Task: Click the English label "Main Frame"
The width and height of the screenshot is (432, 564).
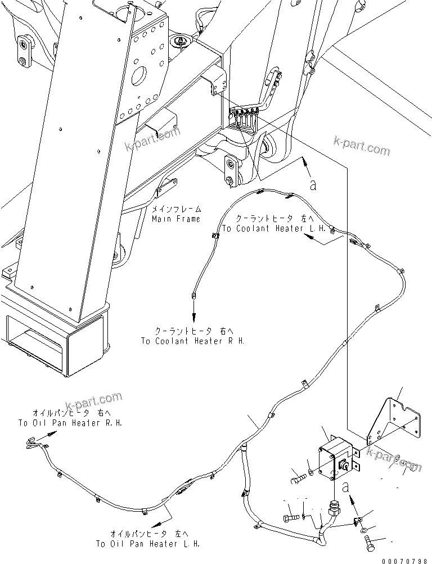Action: click(175, 219)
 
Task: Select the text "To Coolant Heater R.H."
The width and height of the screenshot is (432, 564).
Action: click(192, 341)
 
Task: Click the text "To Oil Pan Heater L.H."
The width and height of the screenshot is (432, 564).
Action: click(147, 544)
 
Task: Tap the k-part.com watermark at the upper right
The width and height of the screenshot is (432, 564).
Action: click(361, 149)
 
